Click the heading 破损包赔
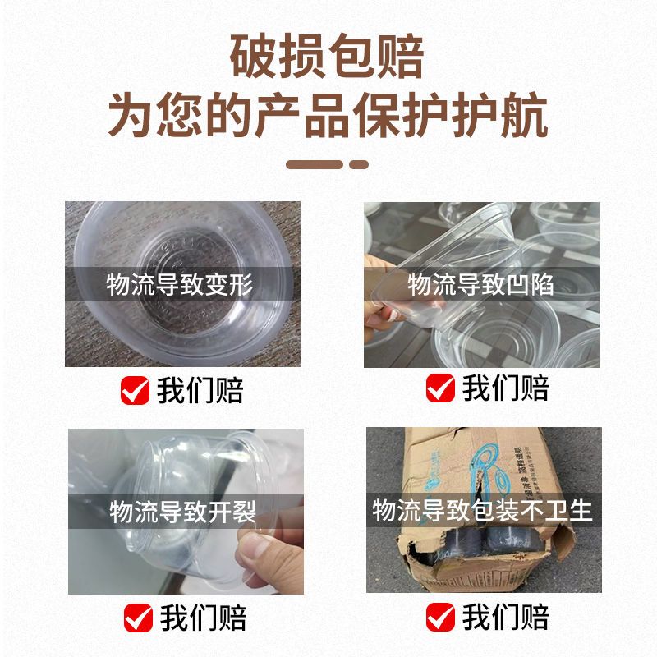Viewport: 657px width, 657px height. [327, 57]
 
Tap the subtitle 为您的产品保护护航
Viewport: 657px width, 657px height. [328, 115]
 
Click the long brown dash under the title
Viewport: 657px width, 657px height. [315, 165]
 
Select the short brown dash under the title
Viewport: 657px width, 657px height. [359, 165]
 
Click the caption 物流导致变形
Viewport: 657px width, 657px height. [179, 284]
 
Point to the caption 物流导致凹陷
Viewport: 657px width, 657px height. [480, 284]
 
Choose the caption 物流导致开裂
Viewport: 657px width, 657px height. [182, 511]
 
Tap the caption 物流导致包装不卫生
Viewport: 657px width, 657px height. [483, 510]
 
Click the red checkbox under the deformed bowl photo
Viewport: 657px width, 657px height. [135, 390]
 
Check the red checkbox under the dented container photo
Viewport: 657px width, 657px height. [440, 388]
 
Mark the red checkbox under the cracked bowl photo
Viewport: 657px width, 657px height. [138, 618]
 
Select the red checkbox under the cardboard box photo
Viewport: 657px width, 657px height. [440, 617]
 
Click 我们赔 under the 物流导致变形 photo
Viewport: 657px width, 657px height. [200, 390]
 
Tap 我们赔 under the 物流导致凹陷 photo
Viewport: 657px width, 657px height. [505, 388]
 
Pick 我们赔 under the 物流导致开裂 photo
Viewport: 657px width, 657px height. [204, 618]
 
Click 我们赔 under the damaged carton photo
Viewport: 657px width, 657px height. [505, 617]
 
